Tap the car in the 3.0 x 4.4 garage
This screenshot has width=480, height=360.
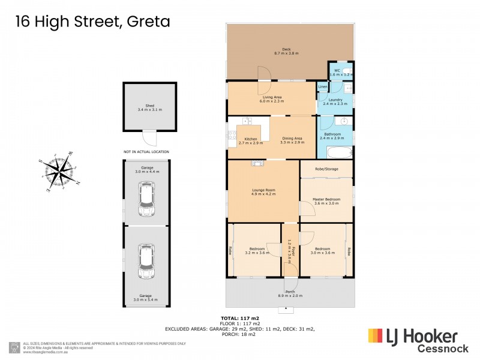pyautogui.click(x=146, y=199)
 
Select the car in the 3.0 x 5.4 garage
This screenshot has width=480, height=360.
pyautogui.click(x=146, y=262)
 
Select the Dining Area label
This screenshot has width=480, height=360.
pyautogui.click(x=292, y=138)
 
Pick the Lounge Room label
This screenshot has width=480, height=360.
pyautogui.click(x=263, y=191)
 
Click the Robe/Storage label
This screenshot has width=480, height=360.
pyautogui.click(x=326, y=169)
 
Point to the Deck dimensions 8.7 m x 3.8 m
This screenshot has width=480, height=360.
pyautogui.click(x=286, y=53)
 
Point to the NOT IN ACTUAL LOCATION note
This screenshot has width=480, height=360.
pyautogui.click(x=146, y=152)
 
